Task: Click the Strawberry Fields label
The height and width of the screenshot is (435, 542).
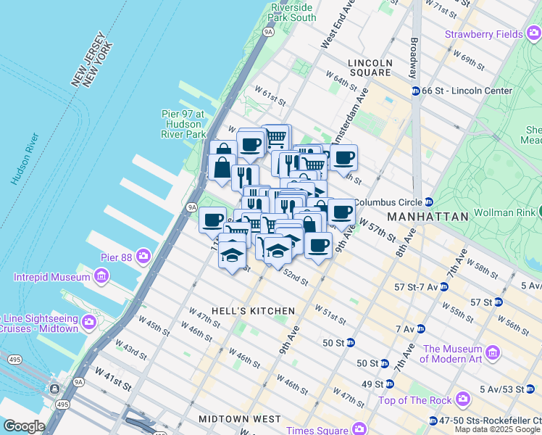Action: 483,34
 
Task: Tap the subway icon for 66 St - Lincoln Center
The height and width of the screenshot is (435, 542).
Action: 416,91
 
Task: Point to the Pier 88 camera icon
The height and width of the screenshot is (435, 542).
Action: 144,256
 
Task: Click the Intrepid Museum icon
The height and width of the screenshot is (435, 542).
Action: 101,277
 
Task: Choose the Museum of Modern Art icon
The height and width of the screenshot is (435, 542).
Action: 493,353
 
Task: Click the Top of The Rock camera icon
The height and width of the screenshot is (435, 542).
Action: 461,399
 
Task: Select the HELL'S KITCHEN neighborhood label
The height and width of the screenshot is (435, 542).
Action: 254,310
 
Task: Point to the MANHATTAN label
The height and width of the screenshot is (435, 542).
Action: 428,217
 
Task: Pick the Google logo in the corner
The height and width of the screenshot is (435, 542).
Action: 23,426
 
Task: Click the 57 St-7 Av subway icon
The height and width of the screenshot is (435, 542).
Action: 443,287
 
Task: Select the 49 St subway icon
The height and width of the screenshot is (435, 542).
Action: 389,384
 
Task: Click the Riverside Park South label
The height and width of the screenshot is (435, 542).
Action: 293,12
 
